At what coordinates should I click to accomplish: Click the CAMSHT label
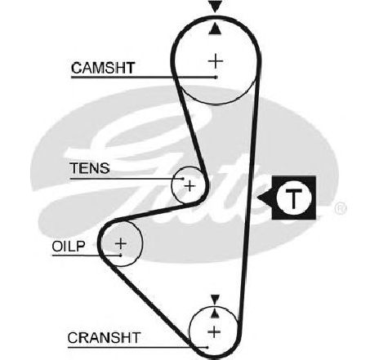[103, 68]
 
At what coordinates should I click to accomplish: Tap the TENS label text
[90, 168]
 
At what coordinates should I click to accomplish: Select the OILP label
[69, 247]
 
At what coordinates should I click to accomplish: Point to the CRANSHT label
[104, 338]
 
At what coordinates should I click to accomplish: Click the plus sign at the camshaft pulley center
[216, 61]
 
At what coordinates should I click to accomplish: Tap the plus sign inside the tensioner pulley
[189, 186]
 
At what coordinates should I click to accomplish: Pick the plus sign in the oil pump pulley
[121, 243]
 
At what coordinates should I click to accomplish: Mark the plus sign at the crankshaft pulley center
[215, 332]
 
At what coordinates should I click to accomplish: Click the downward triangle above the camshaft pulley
[216, 6]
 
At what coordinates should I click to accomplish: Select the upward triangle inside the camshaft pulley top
[215, 29]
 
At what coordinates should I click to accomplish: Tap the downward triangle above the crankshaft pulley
[216, 300]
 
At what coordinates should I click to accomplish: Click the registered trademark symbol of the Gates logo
[341, 208]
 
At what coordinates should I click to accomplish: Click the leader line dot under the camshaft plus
[216, 78]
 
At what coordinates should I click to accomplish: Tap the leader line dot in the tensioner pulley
[183, 179]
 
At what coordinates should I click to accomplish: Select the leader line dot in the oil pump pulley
[120, 256]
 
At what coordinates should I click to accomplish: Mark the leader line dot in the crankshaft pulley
[207, 347]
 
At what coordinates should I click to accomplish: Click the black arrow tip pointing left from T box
[257, 198]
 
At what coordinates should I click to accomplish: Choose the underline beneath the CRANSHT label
[137, 348]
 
